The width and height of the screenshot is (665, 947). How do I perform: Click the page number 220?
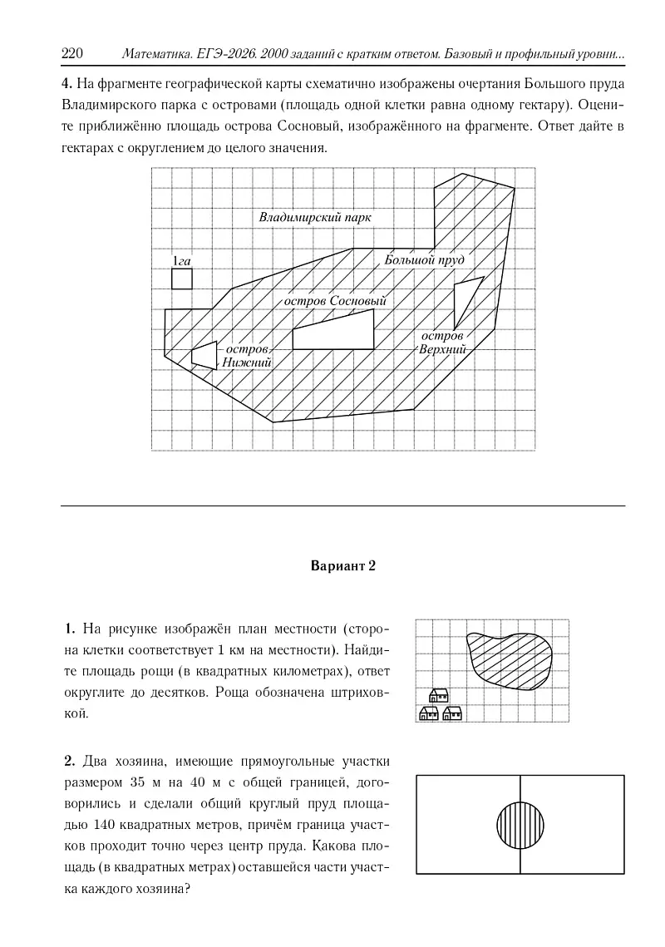[72, 54]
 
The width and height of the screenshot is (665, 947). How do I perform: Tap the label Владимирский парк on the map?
[315, 217]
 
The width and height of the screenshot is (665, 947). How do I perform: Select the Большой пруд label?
[423, 260]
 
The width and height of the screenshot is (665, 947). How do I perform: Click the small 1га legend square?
[182, 279]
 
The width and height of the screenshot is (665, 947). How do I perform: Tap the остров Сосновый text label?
[335, 300]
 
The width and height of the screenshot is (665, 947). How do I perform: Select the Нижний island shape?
[204, 354]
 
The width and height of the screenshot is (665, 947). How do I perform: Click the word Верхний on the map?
[441, 349]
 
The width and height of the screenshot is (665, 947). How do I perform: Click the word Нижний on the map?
[246, 363]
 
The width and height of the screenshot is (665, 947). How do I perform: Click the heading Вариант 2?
[343, 567]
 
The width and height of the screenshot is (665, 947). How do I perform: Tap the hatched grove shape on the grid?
[510, 660]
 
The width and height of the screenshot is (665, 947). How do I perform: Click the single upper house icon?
[438, 695]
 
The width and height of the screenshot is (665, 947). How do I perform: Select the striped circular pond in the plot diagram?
[520, 824]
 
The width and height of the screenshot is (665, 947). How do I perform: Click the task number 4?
[66, 84]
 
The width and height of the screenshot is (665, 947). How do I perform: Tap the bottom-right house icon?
[452, 713]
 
